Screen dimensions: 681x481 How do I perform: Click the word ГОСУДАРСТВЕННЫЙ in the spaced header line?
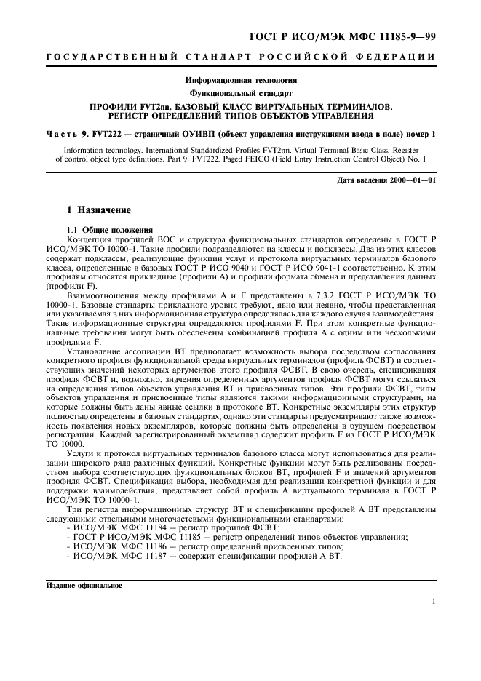coord(108,56)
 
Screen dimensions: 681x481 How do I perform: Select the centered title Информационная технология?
coord(240,80)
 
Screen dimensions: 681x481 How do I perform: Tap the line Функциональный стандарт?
coord(240,93)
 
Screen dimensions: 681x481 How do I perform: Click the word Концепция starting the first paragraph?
coord(90,238)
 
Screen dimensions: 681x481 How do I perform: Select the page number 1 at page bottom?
coord(433,601)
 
